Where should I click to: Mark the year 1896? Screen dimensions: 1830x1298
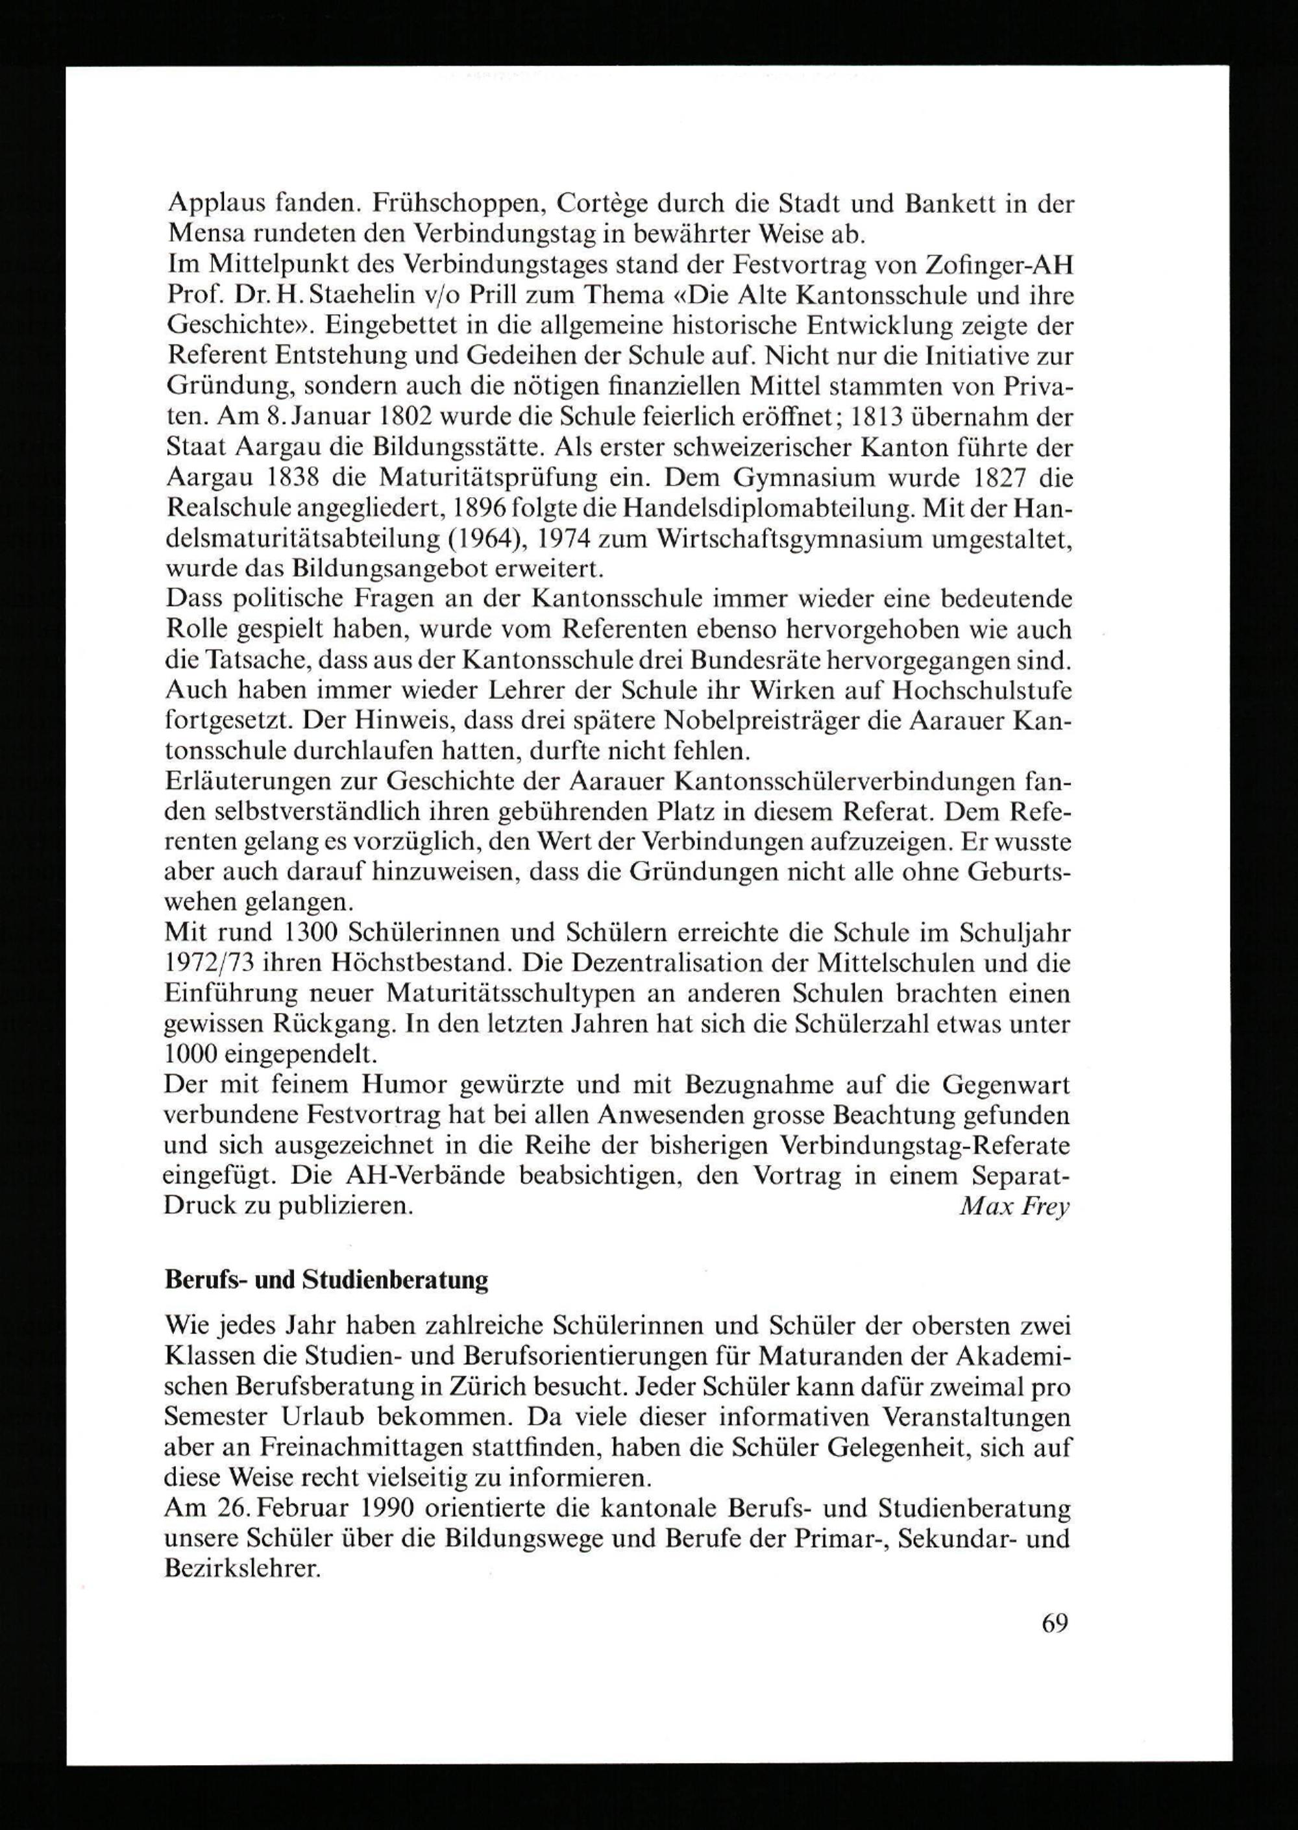tap(476, 508)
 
